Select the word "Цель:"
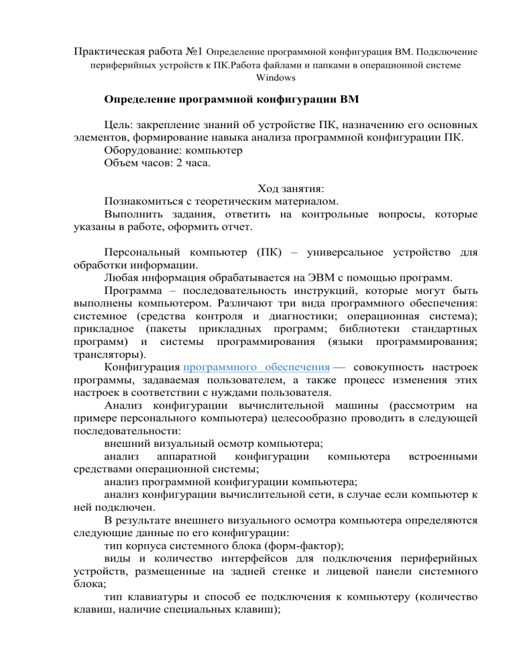[x=119, y=125]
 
